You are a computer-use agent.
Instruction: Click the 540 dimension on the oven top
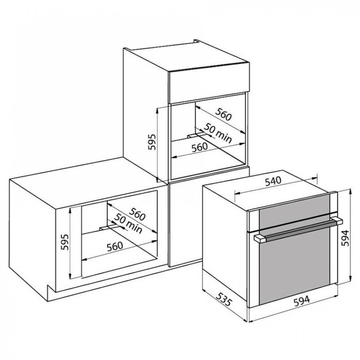pos(273,181)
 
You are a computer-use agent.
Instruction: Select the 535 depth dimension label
pos(224,299)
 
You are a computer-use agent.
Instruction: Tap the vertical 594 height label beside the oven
pos(345,238)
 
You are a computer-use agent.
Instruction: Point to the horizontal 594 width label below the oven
pos(302,301)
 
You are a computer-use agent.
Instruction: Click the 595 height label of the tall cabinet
pos(152,142)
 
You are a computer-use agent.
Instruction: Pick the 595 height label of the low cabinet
pos(65,242)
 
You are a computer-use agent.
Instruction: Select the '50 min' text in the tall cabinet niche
pos(218,133)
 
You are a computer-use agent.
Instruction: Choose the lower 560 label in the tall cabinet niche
pos(199,147)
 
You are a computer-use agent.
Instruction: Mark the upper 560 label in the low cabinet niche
pos(137,214)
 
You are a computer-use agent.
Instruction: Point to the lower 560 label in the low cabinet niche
pos(115,246)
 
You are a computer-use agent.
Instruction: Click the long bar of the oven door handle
pos(299,230)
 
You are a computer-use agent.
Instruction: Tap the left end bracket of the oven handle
pos(260,238)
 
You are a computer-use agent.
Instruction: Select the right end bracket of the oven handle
pos(337,220)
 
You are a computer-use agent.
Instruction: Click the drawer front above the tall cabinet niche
pos(209,82)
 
